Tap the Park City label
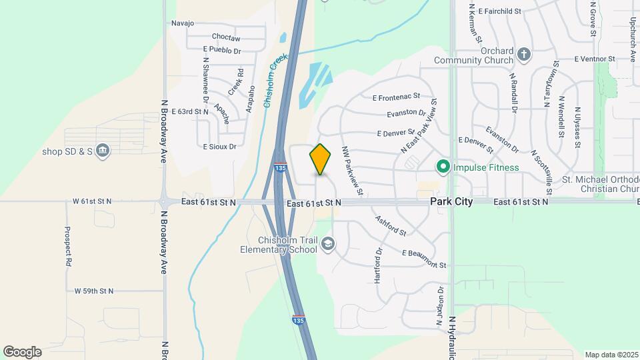pos(451,201)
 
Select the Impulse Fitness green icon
pos(442,167)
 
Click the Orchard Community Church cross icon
pos(524,54)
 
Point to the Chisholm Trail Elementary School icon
pos(327,245)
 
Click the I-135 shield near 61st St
pos(281,169)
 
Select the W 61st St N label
pos(93,201)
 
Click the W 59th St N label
pos(93,291)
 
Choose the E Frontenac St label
pos(397,97)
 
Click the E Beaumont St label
pos(424,259)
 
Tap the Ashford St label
pos(391,226)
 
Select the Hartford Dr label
pos(378,266)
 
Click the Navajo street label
pos(182,23)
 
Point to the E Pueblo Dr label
pos(222,50)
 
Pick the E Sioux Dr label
pos(219,146)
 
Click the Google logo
pos(22,352)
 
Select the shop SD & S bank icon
pos(102,150)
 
